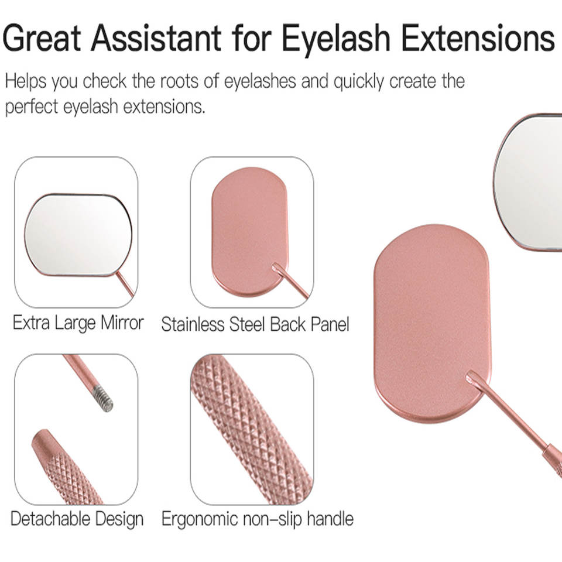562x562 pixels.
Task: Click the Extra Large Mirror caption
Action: click(78, 323)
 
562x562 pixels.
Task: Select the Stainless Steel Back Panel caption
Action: click(255, 324)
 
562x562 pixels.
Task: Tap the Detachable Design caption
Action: click(77, 519)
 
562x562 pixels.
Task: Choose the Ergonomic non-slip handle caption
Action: click(258, 519)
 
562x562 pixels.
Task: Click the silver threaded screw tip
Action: click(102, 399)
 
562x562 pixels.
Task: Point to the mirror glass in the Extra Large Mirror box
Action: click(78, 235)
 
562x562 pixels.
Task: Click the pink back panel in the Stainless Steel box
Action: click(250, 232)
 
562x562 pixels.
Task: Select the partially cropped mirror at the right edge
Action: click(528, 181)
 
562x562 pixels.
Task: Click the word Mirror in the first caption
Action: click(122, 323)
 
